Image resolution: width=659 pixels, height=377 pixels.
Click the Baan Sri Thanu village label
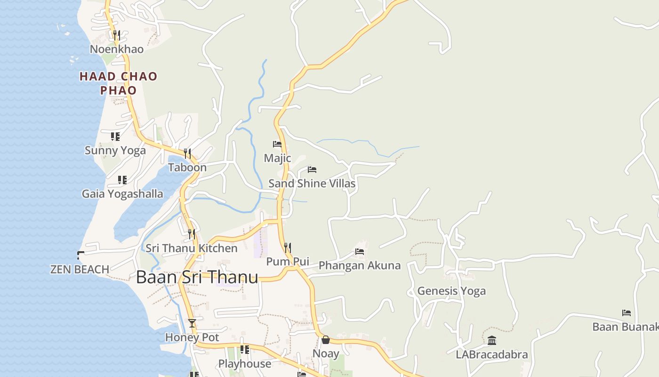point(197,277)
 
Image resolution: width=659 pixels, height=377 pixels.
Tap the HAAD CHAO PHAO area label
point(118,83)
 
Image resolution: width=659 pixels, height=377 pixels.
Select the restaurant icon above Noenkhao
point(117,35)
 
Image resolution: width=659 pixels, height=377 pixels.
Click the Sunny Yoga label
point(115,150)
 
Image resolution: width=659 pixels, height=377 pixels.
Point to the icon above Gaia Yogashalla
point(122,180)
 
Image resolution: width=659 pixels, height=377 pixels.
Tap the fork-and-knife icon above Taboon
point(187,153)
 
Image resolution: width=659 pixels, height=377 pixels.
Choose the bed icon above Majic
point(277,144)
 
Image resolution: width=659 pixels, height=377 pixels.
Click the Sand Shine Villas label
point(312,183)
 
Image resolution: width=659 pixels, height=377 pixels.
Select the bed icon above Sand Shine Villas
point(312,170)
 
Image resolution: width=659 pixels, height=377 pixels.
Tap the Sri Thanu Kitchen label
point(192,248)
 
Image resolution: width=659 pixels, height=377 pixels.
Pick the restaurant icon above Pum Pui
point(288,247)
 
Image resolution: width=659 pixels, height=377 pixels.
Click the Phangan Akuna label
point(360,265)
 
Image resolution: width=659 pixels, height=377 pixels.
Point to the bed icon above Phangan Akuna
point(360,252)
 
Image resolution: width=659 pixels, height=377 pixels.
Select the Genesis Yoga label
point(451,291)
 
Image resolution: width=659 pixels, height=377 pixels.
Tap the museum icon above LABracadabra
point(492,340)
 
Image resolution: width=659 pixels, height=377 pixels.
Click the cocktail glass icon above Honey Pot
point(192,323)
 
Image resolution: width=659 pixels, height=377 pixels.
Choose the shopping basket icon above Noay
point(326,340)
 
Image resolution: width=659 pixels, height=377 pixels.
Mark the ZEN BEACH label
point(80,269)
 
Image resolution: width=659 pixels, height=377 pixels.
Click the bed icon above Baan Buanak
point(627,313)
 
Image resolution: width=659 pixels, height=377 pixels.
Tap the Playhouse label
point(245,364)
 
